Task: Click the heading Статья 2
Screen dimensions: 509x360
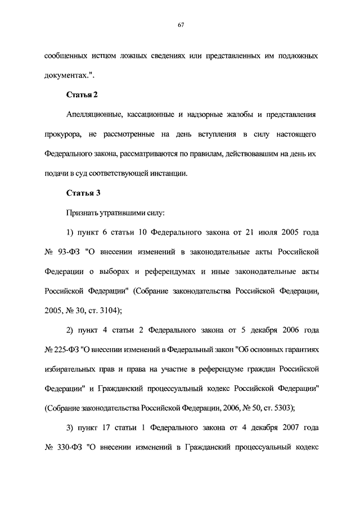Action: click(83, 94)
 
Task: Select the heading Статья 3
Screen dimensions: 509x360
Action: click(83, 193)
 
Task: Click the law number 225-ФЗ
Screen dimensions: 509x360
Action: click(67, 349)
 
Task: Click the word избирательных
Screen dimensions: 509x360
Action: click(71, 369)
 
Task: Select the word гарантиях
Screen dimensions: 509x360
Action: click(300, 349)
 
